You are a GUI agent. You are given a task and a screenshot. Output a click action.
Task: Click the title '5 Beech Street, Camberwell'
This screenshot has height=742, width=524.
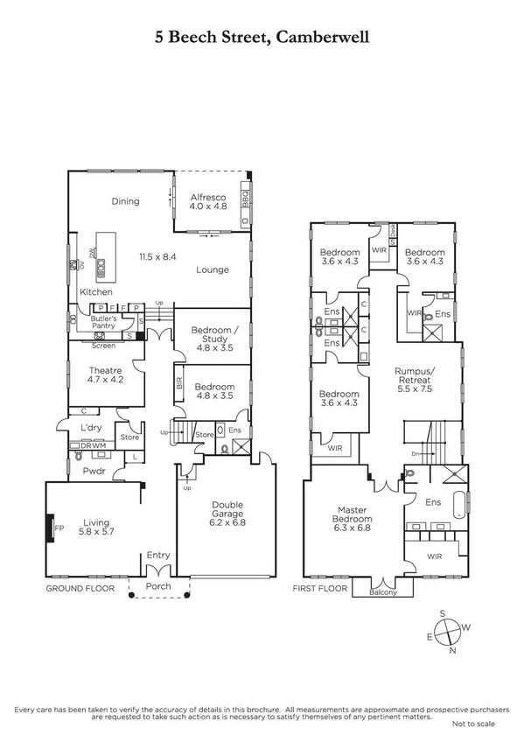pos(262,37)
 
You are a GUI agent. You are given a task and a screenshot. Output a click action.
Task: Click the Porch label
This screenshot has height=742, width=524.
pos(159,586)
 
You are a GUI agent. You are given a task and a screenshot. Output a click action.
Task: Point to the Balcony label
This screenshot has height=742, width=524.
pos(382,592)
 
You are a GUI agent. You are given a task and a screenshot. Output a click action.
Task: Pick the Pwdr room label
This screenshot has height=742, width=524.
pos(94,470)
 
